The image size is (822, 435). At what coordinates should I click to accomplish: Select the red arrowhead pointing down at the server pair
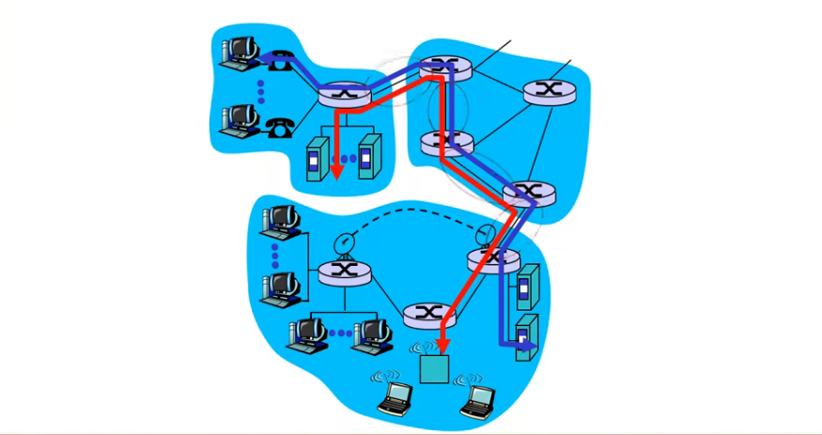point(336,172)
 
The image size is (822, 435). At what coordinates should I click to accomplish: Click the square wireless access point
point(434,369)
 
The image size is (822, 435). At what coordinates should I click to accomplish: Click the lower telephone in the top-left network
point(279,127)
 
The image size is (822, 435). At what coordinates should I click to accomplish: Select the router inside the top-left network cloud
point(339,94)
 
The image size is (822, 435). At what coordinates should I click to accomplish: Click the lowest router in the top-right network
point(522,194)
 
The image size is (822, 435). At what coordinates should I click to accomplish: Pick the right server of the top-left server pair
point(370,155)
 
